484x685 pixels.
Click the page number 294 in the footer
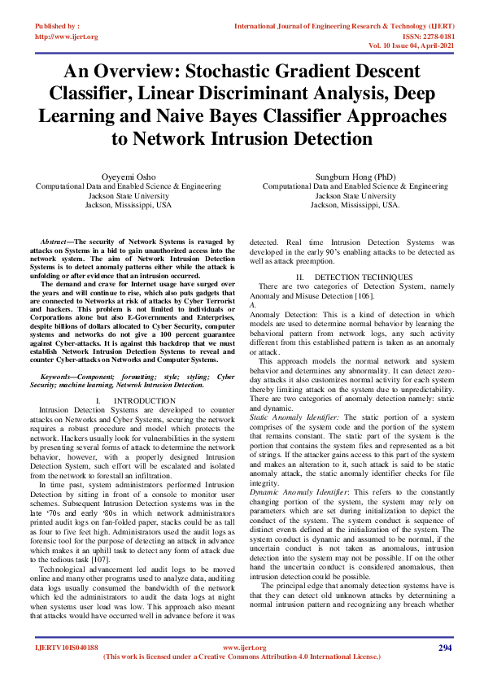coord(445,648)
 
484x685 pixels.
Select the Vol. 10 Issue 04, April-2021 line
coord(403,46)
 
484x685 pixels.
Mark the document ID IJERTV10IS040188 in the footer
coord(67,648)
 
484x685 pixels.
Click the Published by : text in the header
coord(58,27)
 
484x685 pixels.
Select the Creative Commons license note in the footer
coord(242,657)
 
